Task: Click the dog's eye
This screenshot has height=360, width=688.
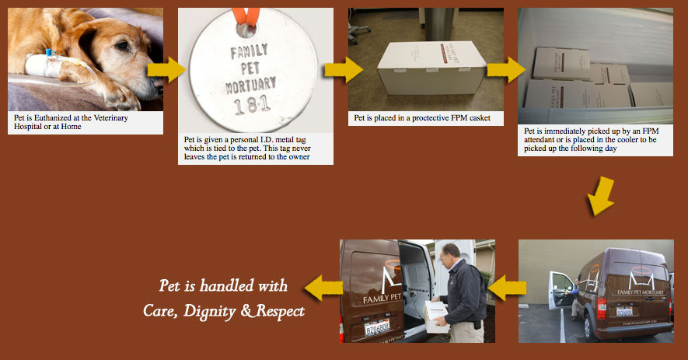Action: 122,46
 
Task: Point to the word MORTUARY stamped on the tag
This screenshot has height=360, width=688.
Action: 251,86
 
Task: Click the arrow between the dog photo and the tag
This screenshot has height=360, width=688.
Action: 166,70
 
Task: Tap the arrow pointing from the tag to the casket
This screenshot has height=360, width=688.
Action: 344,70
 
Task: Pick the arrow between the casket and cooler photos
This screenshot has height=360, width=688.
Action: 506,70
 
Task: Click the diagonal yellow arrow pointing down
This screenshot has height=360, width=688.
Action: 601,196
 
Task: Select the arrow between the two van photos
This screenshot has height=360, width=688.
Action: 507,288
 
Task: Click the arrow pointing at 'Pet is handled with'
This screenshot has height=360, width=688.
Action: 323,288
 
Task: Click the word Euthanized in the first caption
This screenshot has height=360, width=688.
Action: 53,117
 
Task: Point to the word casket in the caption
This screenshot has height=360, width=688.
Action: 479,117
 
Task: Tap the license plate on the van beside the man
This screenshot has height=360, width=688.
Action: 377,327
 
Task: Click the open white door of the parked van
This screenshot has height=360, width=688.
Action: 561,290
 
